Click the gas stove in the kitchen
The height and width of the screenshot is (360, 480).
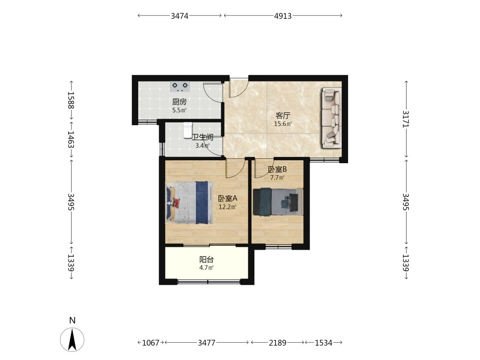click(x=180, y=86)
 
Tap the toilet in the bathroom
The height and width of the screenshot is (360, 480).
click(x=188, y=130)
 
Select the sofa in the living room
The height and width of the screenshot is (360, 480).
click(x=331, y=118)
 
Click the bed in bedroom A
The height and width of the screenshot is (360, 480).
click(x=190, y=203)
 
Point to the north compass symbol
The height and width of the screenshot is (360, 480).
click(x=72, y=339)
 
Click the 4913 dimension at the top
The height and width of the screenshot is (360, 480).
click(x=283, y=16)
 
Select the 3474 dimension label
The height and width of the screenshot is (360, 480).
click(x=180, y=16)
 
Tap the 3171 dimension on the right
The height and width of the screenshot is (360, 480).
click(x=406, y=119)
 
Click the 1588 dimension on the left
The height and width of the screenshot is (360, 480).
click(x=71, y=100)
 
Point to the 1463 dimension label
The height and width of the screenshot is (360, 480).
click(x=71, y=139)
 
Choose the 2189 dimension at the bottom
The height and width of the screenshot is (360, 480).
click(x=277, y=343)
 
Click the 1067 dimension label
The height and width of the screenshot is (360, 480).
click(x=151, y=343)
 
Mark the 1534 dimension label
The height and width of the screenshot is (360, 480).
click(x=324, y=343)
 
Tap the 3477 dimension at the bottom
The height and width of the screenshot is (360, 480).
click(x=206, y=343)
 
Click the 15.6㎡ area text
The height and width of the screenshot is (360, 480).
click(x=283, y=124)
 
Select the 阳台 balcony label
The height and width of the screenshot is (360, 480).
click(x=206, y=260)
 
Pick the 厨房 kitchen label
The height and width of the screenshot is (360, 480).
click(x=180, y=102)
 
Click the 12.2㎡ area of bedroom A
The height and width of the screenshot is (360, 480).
click(x=228, y=206)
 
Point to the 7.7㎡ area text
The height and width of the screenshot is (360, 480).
click(x=277, y=178)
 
